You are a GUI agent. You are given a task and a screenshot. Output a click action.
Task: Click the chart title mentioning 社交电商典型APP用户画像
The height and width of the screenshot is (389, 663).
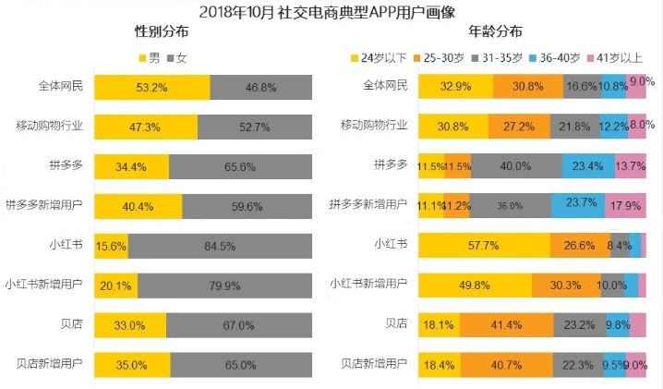pyautogui.click(x=331, y=11)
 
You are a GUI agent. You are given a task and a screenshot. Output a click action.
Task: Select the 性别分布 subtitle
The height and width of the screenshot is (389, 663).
pyautogui.click(x=167, y=33)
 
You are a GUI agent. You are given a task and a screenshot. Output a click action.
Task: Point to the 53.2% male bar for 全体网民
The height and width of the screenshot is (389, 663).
pyautogui.click(x=152, y=88)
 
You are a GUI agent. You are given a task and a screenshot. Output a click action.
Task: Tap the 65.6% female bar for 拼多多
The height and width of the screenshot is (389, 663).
pyautogui.click(x=240, y=166)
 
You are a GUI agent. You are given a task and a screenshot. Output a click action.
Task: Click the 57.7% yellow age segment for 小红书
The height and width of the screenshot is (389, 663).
pyautogui.click(x=484, y=246)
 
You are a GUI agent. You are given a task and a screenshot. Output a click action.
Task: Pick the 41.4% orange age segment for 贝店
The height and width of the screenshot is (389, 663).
pyautogui.click(x=506, y=324)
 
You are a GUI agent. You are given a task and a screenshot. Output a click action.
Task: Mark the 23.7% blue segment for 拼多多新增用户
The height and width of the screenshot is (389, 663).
pyautogui.click(x=578, y=206)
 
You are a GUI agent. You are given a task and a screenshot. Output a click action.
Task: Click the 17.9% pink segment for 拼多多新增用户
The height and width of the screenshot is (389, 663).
pyautogui.click(x=625, y=206)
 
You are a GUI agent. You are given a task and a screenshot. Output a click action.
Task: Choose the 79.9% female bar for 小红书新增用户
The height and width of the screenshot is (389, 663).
pyautogui.click(x=225, y=285)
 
